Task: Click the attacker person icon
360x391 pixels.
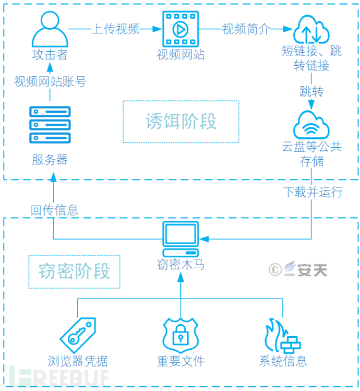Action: (50, 29)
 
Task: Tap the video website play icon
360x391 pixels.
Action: (179, 29)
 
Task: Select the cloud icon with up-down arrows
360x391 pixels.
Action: (311, 30)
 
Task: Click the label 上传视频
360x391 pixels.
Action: (116, 29)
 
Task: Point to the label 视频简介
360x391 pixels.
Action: (246, 29)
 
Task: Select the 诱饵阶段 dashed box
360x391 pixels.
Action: (181, 121)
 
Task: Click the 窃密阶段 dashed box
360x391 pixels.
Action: (75, 271)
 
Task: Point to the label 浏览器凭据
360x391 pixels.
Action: (78, 360)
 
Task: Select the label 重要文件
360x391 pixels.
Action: (181, 360)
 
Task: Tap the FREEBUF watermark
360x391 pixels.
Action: (63, 377)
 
